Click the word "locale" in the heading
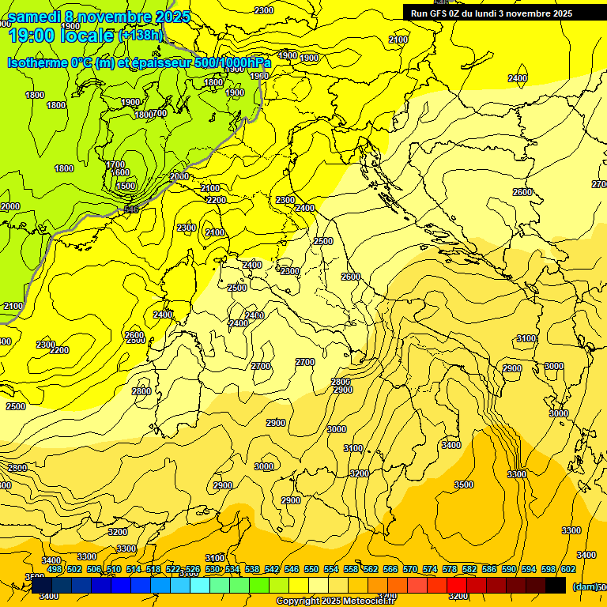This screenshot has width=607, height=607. [88, 35]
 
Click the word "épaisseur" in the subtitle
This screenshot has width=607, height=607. [161, 62]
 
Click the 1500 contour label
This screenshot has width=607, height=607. [126, 186]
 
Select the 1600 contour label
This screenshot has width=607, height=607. [120, 172]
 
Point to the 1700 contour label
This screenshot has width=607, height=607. [115, 164]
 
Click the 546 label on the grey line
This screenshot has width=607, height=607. [131, 209]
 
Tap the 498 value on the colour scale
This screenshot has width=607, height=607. [55, 569]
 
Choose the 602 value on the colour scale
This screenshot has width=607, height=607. [568, 569]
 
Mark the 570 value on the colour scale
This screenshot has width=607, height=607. [410, 569]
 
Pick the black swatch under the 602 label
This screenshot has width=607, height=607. [556, 585]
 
